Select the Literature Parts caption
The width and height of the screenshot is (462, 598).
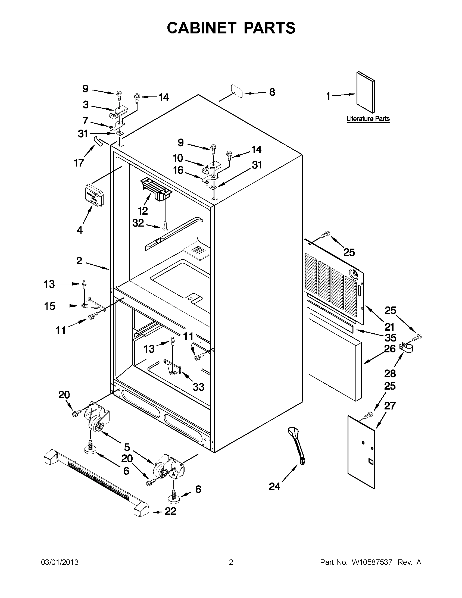tap(368, 119)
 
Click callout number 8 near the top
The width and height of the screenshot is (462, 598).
tap(272, 92)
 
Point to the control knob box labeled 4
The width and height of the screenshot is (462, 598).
tap(94, 195)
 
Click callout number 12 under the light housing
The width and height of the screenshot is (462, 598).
tap(143, 211)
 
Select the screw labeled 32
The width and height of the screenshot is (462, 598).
tap(165, 226)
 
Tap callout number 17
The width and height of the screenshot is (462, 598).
tap(79, 163)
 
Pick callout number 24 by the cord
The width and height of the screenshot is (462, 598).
tap(274, 487)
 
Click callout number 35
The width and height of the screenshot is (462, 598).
tap(391, 338)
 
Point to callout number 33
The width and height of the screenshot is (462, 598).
tap(199, 387)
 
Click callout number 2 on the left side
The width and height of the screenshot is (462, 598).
tap(79, 261)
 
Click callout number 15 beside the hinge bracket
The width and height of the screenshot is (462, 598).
tap(49, 306)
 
